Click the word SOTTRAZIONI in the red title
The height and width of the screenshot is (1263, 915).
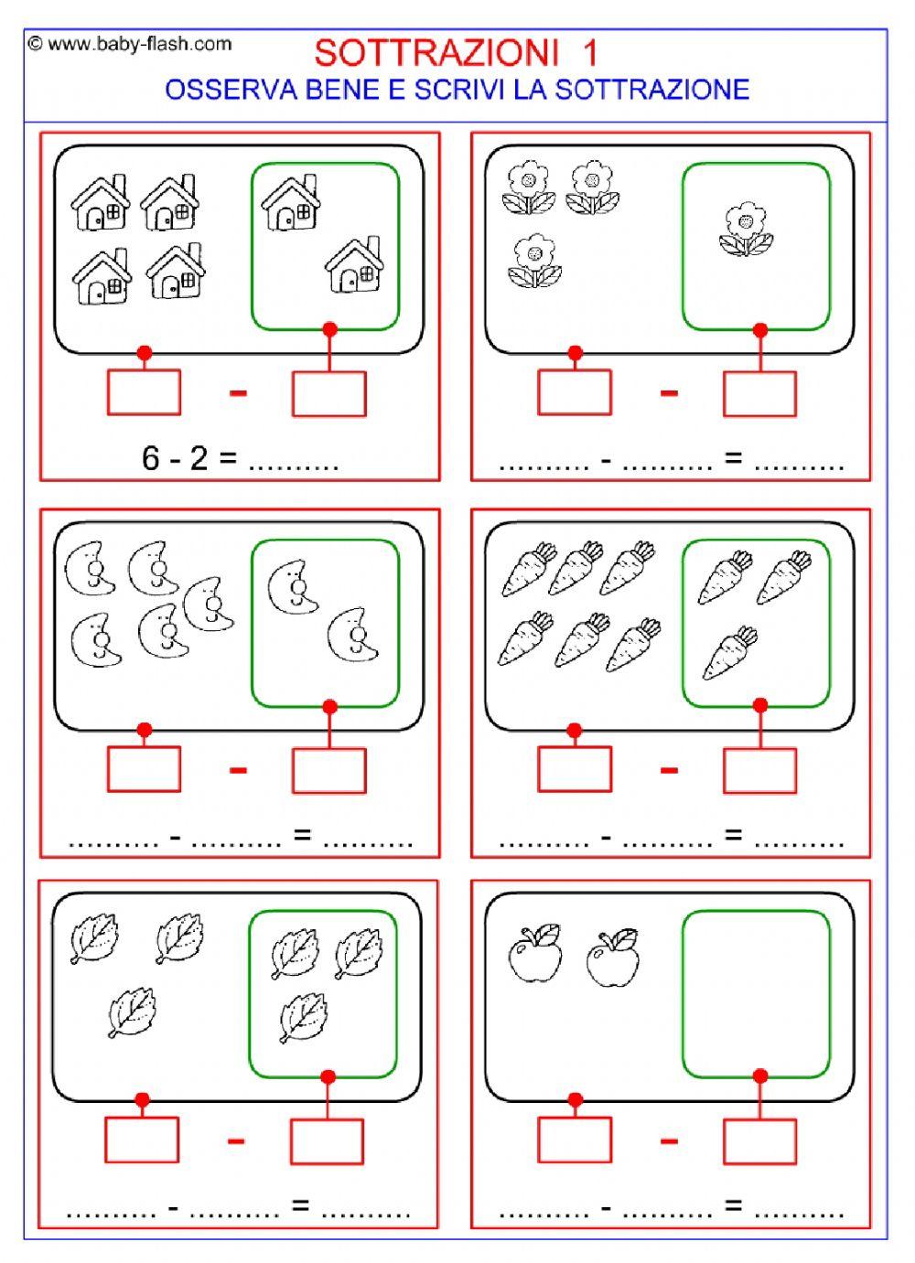coord(436,53)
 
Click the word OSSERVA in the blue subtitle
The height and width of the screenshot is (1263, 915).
coord(231,90)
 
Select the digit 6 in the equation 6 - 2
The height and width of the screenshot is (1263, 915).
coord(151,458)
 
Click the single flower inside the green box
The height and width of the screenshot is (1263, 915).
coord(746,229)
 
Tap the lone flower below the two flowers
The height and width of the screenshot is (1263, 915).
coord(534,261)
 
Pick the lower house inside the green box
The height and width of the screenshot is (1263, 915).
coord(355,264)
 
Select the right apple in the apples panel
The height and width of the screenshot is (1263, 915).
coord(613,958)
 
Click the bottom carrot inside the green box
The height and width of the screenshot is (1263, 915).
coord(730,652)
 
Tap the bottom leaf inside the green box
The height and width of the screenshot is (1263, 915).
coord(303,1018)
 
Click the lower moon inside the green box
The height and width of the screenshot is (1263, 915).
coord(353,635)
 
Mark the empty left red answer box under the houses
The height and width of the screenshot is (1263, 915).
coord(144,392)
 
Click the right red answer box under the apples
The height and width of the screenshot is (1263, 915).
coord(759,1141)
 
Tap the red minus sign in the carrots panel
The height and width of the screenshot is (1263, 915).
coord(669,770)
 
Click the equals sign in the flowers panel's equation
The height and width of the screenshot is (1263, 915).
coord(733,457)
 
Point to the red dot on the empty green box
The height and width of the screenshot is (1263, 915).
coord(760,1076)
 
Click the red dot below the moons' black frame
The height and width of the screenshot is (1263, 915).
coord(145,730)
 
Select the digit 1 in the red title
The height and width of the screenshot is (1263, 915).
coord(590,53)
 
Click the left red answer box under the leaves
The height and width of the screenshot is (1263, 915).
coord(142,1140)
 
